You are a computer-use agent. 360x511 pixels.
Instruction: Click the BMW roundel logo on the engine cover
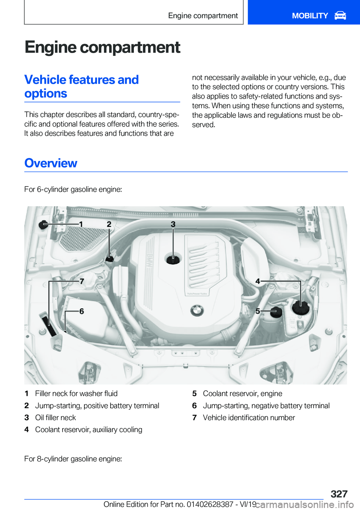click(x=197, y=310)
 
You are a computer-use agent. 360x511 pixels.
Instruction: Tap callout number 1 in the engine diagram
click(x=81, y=224)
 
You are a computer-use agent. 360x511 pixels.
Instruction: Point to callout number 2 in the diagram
click(x=109, y=224)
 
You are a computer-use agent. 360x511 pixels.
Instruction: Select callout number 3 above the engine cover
click(x=173, y=224)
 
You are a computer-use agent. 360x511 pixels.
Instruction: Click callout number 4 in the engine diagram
click(x=258, y=281)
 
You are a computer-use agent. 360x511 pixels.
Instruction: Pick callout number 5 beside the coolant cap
click(x=258, y=311)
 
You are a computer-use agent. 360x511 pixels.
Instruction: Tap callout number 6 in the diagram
click(x=82, y=311)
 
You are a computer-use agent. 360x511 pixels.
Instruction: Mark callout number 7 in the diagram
click(x=82, y=281)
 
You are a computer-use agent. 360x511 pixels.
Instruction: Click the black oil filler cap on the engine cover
click(x=173, y=259)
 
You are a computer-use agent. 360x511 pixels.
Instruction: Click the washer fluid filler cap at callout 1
click(x=43, y=225)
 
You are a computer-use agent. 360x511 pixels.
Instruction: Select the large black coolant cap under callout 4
click(x=300, y=308)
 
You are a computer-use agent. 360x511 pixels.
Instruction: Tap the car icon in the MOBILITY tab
click(x=340, y=16)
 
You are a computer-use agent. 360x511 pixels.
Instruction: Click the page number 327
click(x=339, y=494)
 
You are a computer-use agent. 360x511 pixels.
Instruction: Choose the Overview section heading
click(x=51, y=163)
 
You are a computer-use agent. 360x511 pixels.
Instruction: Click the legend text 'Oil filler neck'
click(x=55, y=418)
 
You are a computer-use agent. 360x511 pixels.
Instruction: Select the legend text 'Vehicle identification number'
click(x=249, y=418)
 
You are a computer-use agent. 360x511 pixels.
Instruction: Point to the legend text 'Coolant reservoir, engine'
click(x=243, y=394)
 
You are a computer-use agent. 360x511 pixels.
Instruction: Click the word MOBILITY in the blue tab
click(x=310, y=16)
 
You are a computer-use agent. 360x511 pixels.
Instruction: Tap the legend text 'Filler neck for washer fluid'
click(x=76, y=394)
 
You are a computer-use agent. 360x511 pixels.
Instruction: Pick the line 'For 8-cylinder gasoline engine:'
click(x=73, y=459)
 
